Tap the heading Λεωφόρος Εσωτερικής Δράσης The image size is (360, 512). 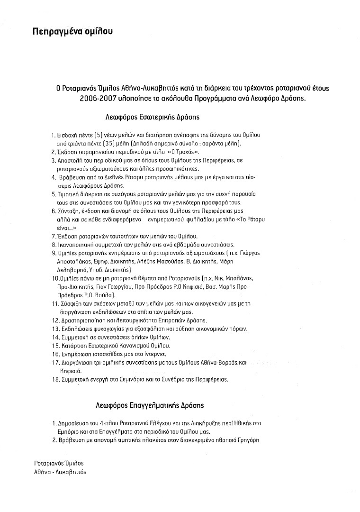(152, 116)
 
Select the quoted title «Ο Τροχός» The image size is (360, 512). (205, 152)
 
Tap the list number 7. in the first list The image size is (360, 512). (53, 236)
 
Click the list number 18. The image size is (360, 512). (54, 380)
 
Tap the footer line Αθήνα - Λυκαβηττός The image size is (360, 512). (60, 472)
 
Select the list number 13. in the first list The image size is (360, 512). (54, 329)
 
